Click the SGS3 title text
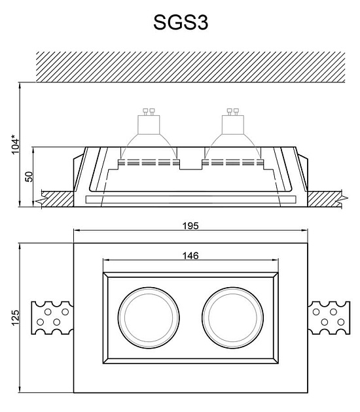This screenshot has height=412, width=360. pos(181,22)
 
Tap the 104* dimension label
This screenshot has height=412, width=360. pos(16,145)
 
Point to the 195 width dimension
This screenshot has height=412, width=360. pos(190,226)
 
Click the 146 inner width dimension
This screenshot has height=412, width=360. pos(190,256)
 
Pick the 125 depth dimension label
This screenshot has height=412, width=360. pos(16,317)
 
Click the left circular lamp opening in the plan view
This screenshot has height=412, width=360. pos(149,318)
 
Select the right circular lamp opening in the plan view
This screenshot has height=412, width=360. pos(233,318)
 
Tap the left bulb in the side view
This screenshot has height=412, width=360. pos(149,137)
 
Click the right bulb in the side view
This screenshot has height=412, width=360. pos(233,137)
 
